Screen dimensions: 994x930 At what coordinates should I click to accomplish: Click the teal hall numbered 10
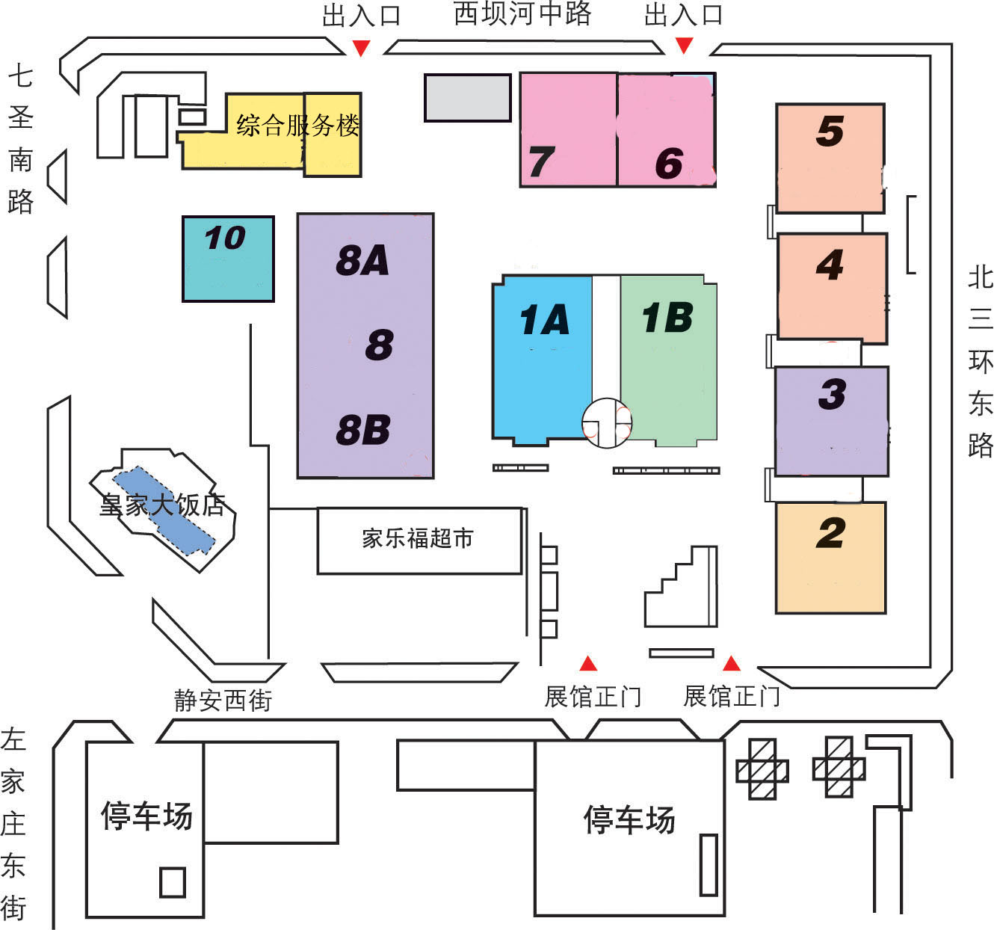[228, 259]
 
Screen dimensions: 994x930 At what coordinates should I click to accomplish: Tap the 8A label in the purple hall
[362, 260]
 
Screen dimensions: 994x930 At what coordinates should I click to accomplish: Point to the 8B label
[363, 430]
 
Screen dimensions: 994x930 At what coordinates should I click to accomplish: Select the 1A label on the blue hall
[545, 319]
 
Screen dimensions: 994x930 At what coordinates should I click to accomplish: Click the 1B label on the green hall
[667, 318]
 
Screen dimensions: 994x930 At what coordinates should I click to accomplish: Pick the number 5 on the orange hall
[830, 132]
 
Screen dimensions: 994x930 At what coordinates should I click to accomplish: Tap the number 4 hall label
[830, 265]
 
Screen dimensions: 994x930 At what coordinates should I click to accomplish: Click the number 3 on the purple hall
[833, 394]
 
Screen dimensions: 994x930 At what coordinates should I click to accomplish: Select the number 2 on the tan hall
[831, 533]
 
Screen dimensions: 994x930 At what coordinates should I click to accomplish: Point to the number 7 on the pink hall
[542, 161]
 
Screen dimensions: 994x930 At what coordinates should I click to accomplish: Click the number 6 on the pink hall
[669, 163]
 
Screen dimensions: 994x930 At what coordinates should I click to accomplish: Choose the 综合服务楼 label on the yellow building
[297, 125]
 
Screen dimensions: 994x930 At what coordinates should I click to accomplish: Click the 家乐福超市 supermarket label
[418, 538]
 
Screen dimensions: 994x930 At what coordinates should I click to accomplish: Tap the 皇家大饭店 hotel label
[162, 505]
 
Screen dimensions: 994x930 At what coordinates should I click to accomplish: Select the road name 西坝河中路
[522, 13]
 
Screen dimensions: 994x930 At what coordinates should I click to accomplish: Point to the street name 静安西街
[223, 700]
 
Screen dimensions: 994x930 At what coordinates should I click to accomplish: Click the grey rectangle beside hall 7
[468, 98]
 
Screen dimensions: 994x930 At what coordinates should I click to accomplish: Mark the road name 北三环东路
[980, 362]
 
